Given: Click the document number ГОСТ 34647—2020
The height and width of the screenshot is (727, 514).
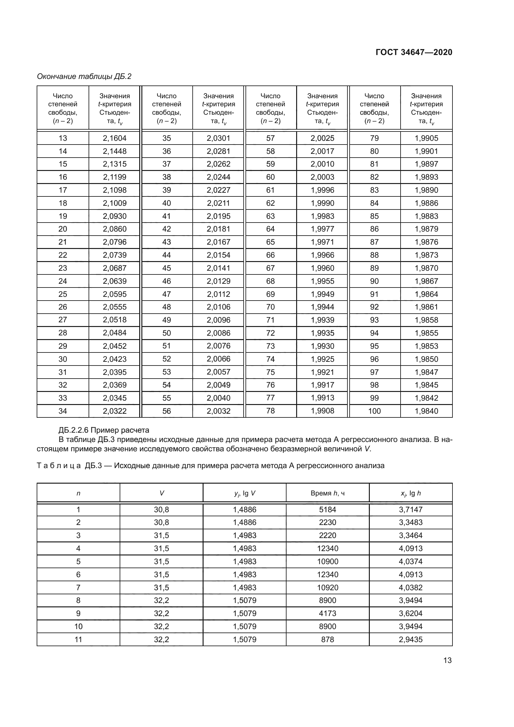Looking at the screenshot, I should (x=414, y=52).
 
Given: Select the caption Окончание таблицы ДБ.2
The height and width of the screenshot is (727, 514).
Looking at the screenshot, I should (x=84, y=76).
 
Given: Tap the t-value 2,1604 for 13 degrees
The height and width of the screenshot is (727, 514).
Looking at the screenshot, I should (x=115, y=138).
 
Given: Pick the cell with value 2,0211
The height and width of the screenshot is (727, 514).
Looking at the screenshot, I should (x=218, y=203).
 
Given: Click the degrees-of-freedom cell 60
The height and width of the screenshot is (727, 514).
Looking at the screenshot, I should (x=270, y=177).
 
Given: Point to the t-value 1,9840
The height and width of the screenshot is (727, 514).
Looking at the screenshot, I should (x=426, y=411).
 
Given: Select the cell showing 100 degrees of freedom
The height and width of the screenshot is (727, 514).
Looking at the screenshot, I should (x=374, y=411).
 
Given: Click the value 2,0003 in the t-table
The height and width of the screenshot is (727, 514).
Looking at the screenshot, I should (x=322, y=177).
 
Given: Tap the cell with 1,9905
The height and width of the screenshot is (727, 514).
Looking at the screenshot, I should (x=426, y=138).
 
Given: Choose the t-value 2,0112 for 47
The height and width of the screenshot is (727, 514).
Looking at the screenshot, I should (x=218, y=294).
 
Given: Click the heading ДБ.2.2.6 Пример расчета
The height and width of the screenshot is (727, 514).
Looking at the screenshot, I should (x=104, y=430).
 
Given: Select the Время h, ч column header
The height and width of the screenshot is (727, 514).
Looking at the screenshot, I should (x=327, y=493).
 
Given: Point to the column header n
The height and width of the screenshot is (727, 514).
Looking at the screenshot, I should (x=78, y=493).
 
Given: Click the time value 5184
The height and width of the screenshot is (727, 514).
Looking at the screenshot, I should (x=327, y=509).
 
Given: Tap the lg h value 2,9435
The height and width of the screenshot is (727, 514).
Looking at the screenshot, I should (x=411, y=639).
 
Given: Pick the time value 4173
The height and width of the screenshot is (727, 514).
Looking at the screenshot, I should (x=327, y=613).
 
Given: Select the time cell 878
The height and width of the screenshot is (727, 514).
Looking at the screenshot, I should (x=327, y=639).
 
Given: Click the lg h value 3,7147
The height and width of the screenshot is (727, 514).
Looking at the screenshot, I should (x=411, y=509).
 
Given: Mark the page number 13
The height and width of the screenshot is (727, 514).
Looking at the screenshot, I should (x=447, y=660).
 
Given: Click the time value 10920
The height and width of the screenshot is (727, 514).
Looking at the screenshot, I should (x=327, y=587).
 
